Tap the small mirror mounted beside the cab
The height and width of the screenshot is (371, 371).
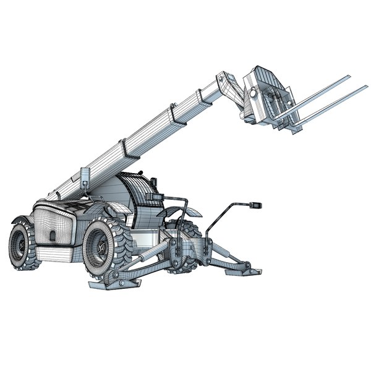click(154, 199)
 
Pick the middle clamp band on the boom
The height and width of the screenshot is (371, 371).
click(124, 149)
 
